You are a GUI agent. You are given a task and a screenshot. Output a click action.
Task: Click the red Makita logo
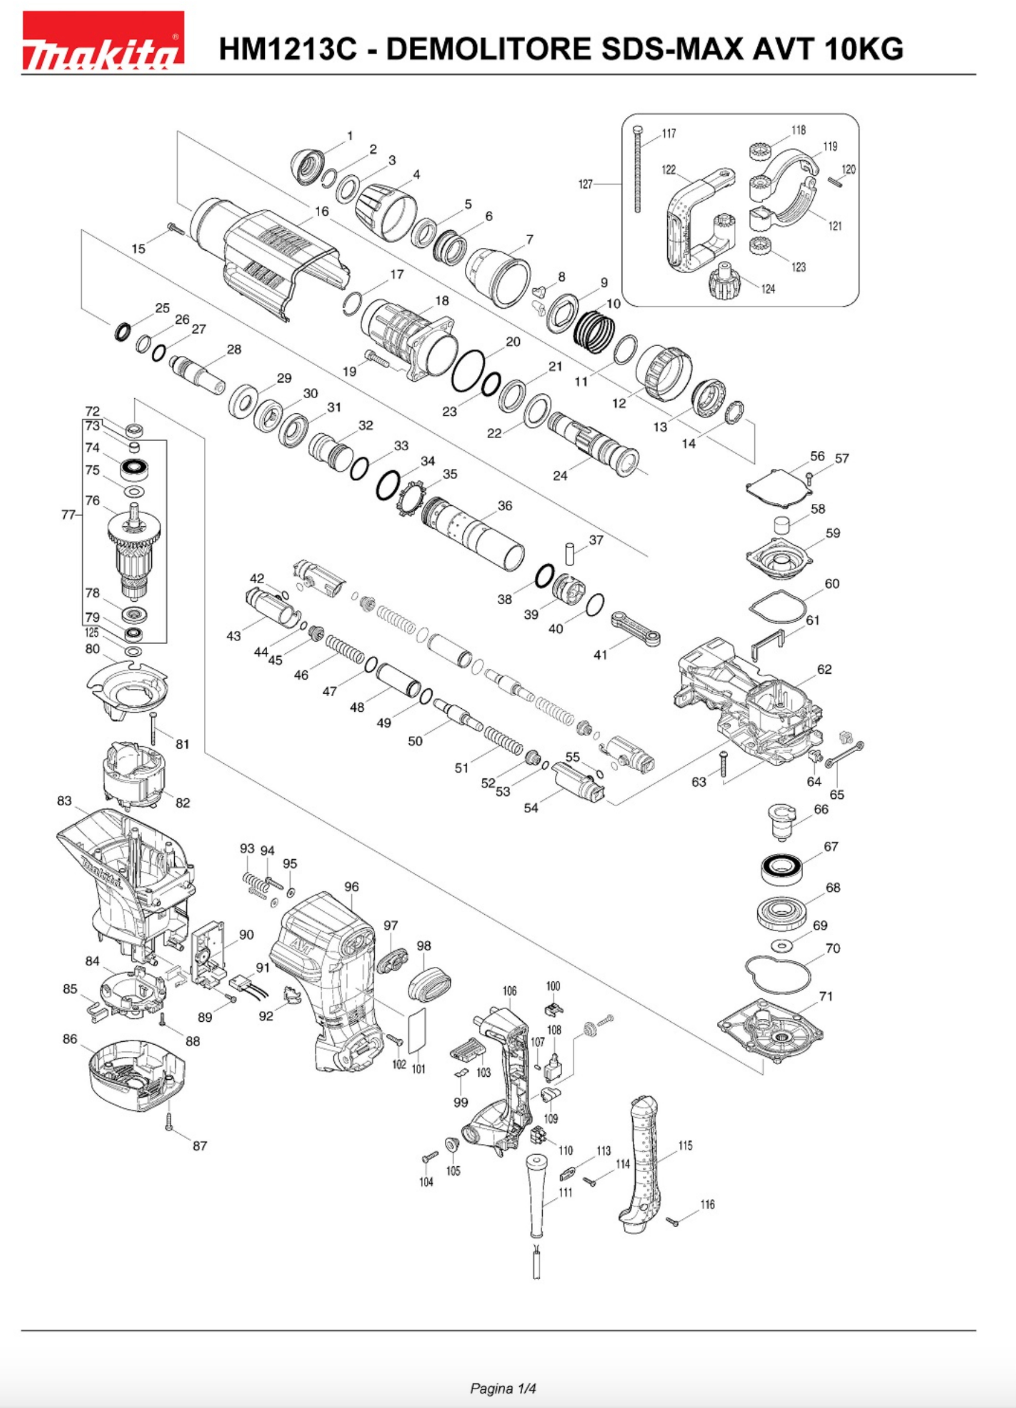pos(103,41)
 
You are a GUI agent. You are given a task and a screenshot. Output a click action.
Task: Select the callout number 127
pos(585,184)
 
